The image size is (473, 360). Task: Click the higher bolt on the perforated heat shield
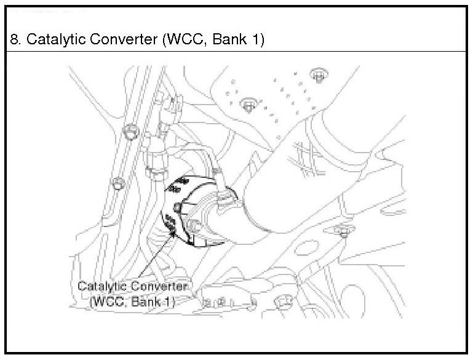point(317,75)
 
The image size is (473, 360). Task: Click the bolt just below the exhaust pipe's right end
point(343,233)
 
